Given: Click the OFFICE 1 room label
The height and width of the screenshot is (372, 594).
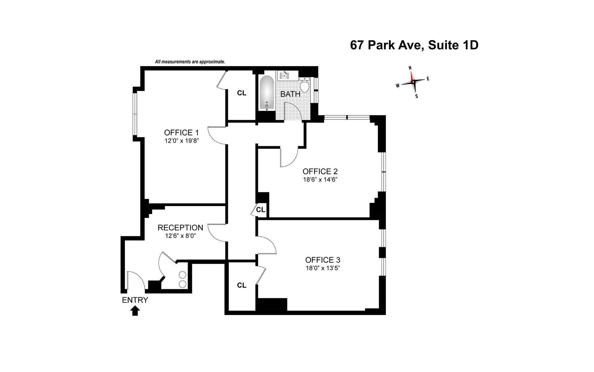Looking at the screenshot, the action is [x=181, y=133].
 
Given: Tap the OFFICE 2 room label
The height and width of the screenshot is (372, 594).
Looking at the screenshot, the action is [x=320, y=171].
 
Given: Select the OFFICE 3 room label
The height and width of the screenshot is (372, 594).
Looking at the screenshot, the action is [x=323, y=260].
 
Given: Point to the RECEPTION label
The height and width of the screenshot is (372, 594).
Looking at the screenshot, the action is [x=180, y=228].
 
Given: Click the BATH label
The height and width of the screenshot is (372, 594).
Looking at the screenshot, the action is [x=290, y=94].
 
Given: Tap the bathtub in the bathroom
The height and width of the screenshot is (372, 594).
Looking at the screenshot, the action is [x=267, y=93].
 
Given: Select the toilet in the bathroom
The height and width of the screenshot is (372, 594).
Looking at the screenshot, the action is [x=305, y=85].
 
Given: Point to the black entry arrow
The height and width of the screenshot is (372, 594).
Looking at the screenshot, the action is [x=135, y=311].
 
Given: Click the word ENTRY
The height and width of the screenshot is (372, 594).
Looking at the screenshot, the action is [x=135, y=300].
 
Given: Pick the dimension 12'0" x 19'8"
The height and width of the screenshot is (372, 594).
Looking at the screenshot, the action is [x=181, y=141].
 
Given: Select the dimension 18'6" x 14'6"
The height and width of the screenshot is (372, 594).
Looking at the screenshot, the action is [x=320, y=179].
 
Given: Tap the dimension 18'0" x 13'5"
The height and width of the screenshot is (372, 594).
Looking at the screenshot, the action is [x=323, y=268].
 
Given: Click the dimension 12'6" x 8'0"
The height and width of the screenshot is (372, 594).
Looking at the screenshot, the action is [x=181, y=236].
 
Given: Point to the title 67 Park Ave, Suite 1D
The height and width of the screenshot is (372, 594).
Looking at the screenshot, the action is [x=414, y=45].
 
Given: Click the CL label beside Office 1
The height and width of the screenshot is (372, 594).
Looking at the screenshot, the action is [x=242, y=93].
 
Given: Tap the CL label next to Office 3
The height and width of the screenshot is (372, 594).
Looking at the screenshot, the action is [x=242, y=285].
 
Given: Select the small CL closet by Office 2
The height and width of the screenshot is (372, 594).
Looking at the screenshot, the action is [x=260, y=210].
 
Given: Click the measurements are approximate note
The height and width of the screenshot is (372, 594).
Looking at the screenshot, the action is [x=190, y=62].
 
